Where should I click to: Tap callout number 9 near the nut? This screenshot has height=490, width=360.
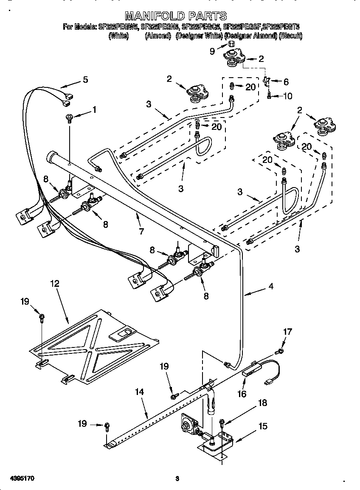(212, 51)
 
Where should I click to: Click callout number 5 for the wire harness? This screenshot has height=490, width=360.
(85, 80)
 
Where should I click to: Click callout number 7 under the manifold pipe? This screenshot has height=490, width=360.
(141, 232)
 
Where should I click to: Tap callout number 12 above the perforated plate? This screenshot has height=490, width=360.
(55, 283)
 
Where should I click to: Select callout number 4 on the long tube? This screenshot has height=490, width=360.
(270, 286)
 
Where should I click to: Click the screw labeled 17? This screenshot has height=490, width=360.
(279, 351)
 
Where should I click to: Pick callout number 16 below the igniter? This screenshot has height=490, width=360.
(242, 394)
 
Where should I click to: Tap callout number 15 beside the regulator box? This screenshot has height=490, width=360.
(263, 426)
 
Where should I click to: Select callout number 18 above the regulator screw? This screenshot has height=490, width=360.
(263, 403)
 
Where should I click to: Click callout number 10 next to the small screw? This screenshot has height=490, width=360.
(287, 96)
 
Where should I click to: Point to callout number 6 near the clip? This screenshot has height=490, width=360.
(286, 81)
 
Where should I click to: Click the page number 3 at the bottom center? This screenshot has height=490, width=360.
(177, 479)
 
